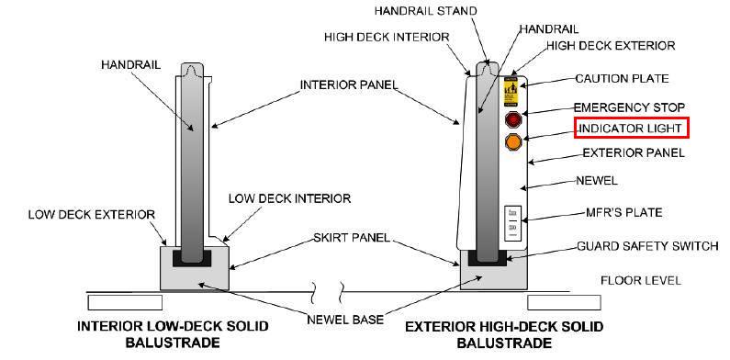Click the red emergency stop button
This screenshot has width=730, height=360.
pos(512,119)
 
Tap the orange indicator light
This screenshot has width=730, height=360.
pos(512,142)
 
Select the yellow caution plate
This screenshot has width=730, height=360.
pos(511,93)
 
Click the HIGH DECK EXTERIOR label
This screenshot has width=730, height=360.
pos(611,45)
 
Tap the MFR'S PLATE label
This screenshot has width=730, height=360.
pos(616,212)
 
